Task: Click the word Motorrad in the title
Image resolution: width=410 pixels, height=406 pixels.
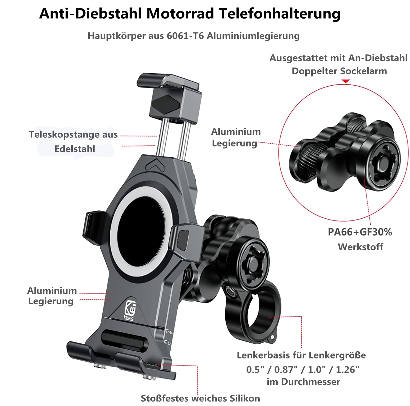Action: pos(180,13)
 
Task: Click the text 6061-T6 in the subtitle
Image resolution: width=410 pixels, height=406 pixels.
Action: pos(185,36)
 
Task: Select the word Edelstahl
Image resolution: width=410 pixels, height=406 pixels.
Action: pos(75,149)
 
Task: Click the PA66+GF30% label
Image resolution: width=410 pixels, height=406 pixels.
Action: pos(360,232)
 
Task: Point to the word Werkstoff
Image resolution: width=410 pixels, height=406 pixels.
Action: pos(361,247)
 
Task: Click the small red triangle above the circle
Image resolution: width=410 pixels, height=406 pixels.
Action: pos(346,81)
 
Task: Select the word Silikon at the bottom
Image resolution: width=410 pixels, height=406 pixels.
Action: pos(245,398)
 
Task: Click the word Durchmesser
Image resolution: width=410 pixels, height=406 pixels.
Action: pos(311,382)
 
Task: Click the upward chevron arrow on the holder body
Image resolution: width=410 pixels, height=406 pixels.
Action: pos(155,164)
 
